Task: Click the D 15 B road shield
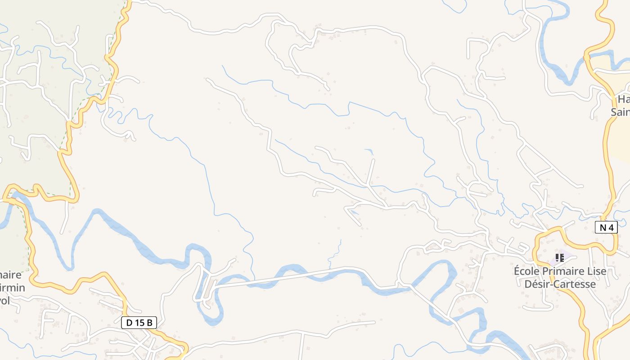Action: point(139,323)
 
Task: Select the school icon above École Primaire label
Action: point(559,258)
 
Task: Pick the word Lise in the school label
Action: point(596,271)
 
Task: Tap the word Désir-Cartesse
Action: point(560,284)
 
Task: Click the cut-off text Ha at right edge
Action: point(623,99)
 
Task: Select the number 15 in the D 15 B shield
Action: point(139,323)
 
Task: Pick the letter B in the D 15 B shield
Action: point(150,323)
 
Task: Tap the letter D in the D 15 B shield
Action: point(129,323)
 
